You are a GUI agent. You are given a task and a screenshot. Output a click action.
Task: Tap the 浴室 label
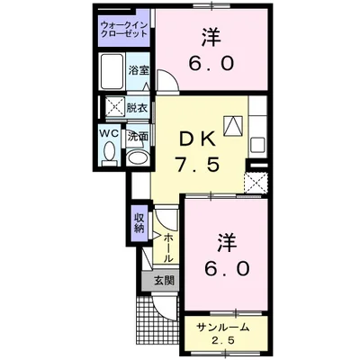point(138,69)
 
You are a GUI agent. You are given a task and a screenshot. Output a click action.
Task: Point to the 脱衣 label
point(138,105)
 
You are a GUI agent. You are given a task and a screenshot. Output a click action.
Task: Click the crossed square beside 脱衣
point(113,106)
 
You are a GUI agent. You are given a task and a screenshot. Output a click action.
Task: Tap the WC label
point(109,133)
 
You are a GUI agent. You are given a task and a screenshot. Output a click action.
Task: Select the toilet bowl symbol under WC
point(109,154)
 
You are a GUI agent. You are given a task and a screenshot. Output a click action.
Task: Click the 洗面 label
point(138,138)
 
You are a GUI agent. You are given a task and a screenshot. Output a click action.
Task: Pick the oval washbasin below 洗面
point(138,157)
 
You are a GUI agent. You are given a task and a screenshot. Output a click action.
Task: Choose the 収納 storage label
point(140,222)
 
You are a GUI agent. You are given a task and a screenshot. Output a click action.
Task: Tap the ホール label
point(168,243)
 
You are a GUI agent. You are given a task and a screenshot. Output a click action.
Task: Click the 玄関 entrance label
point(164,280)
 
